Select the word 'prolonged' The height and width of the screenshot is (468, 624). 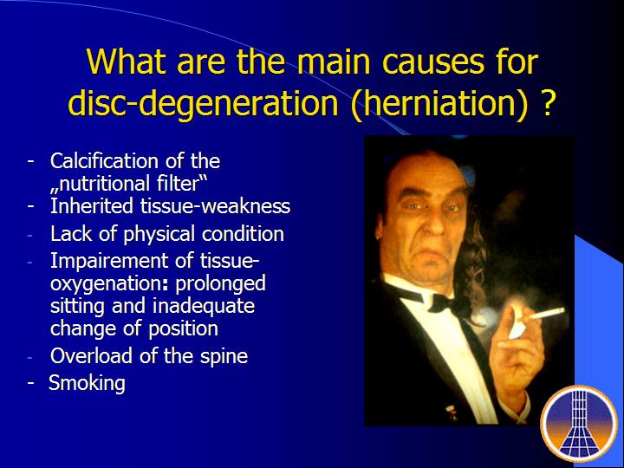click(220, 284)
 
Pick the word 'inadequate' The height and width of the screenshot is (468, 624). click(204, 307)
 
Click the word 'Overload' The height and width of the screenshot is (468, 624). click(92, 355)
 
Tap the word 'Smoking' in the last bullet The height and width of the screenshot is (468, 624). click(88, 384)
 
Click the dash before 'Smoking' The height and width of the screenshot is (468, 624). click(30, 383)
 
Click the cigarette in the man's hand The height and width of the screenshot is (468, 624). click(547, 313)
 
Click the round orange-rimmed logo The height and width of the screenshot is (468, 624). click(579, 423)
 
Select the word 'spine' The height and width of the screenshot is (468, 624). click(224, 356)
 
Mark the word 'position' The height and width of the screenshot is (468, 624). click(183, 329)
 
